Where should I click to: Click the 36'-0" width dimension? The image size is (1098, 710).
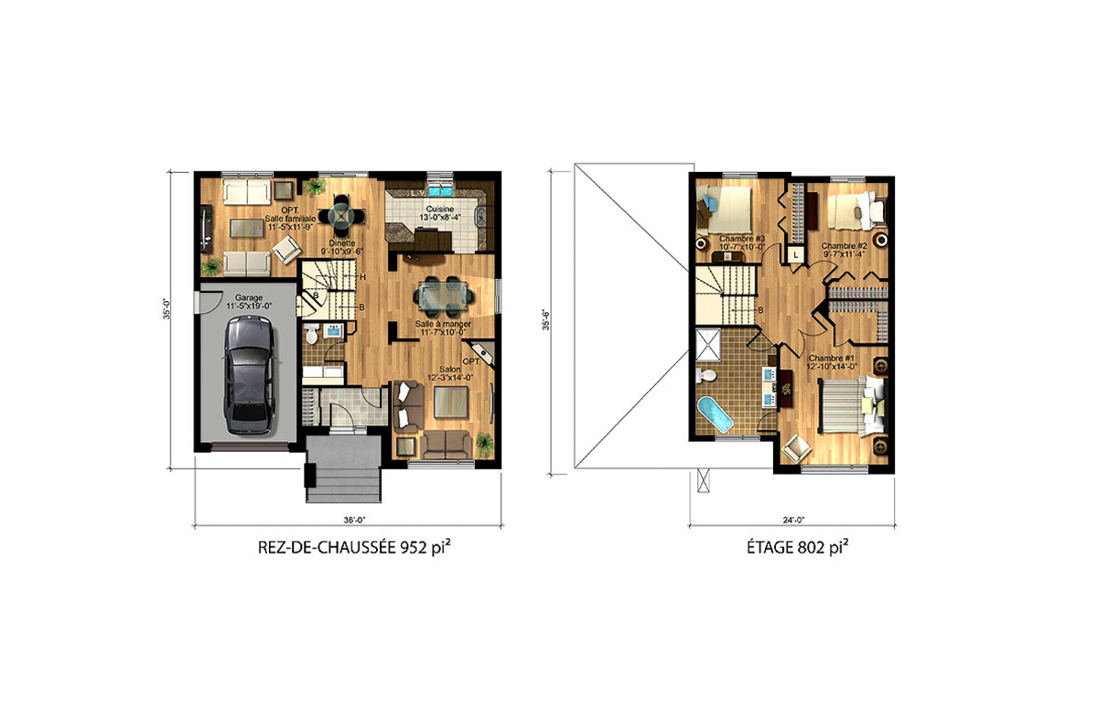[x=354, y=520]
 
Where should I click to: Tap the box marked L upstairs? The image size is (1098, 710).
[x=797, y=253]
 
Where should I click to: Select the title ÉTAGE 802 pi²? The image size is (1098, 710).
[x=791, y=550]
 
